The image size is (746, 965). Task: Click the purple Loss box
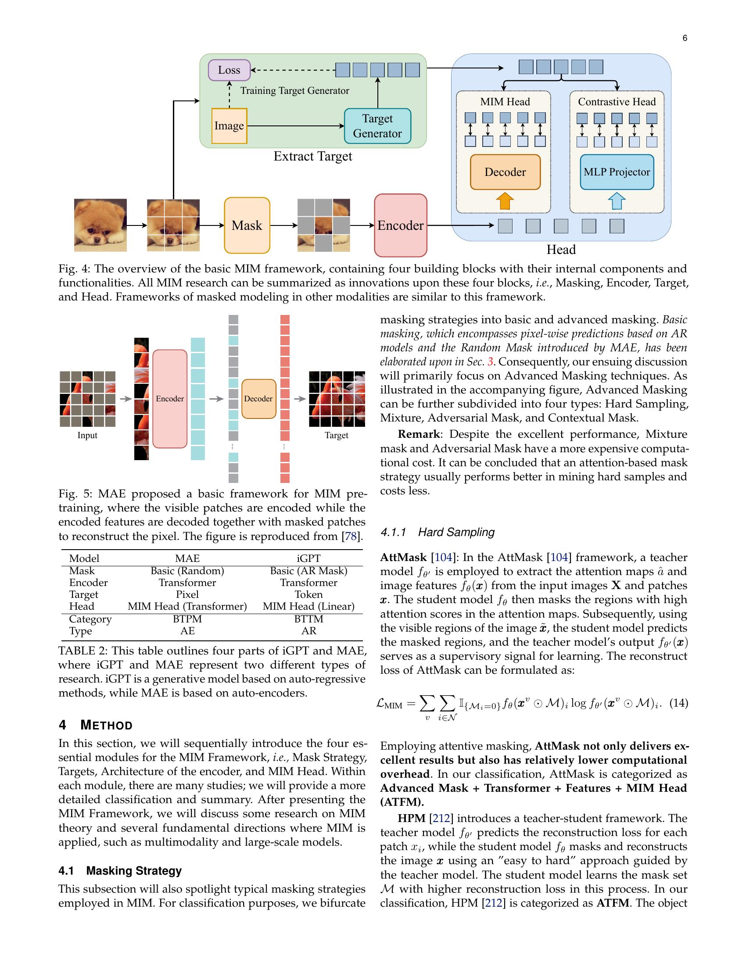[229, 70]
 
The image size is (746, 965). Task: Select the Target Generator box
[377, 126]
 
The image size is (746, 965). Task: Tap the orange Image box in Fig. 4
[229, 126]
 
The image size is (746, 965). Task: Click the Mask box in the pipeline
[247, 225]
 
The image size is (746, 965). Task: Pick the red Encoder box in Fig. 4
[400, 225]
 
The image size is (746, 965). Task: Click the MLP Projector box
[617, 172]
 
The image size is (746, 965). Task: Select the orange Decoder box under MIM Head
[505, 172]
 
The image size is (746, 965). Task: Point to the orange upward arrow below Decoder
[505, 201]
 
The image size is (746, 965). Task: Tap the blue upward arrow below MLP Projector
[617, 201]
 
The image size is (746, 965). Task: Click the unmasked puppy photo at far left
[100, 225]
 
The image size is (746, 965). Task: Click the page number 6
[685, 38]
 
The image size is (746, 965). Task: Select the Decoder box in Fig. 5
[258, 399]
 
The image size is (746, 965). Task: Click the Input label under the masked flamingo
[87, 435]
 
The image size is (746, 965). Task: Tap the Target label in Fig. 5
[336, 435]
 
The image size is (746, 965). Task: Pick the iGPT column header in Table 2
[308, 558]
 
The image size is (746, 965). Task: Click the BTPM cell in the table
[187, 619]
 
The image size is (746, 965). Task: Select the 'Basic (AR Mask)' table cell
[308, 571]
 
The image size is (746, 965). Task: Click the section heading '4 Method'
[96, 725]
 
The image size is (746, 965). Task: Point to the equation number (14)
[679, 703]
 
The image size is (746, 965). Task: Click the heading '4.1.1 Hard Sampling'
[437, 532]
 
